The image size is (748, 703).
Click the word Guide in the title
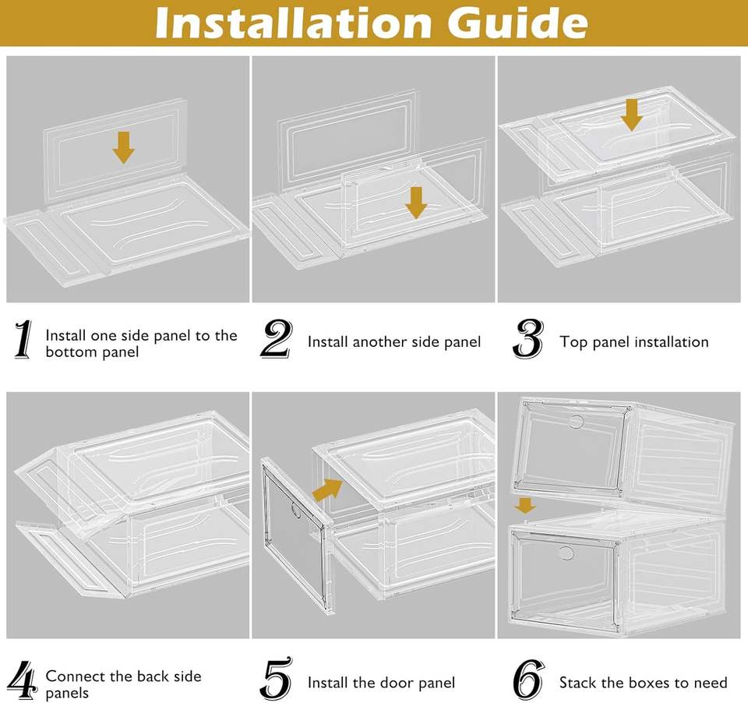pyautogui.click(x=517, y=23)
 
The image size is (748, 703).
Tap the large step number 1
pyautogui.click(x=23, y=339)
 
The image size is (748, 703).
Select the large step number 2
pyautogui.click(x=277, y=339)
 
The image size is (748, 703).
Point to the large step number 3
pyautogui.click(x=528, y=339)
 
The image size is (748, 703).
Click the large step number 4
pyautogui.click(x=23, y=680)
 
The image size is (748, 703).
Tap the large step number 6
pyautogui.click(x=528, y=680)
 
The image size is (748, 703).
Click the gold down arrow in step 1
pyautogui.click(x=124, y=148)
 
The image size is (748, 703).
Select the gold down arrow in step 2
pyautogui.click(x=416, y=203)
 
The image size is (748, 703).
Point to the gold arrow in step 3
pyautogui.click(x=632, y=115)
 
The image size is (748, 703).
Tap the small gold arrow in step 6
pyautogui.click(x=525, y=505)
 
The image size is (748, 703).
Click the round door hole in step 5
pyautogui.click(x=295, y=510)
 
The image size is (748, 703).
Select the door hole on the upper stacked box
pyautogui.click(x=576, y=422)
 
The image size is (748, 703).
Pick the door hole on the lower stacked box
pyautogui.click(x=566, y=553)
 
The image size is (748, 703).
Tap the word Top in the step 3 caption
pyautogui.click(x=572, y=342)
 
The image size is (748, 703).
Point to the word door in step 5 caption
pyautogui.click(x=388, y=683)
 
